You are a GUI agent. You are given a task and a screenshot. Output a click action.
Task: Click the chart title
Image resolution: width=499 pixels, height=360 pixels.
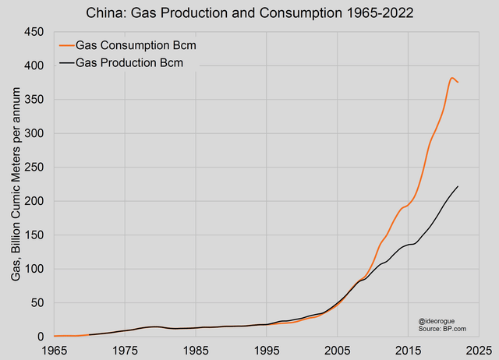[x=249, y=12]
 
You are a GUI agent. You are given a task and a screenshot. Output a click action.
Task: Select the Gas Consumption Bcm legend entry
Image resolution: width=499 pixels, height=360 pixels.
[x=134, y=46]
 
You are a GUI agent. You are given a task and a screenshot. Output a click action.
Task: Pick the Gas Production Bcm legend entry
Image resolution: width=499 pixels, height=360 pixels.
[x=129, y=63]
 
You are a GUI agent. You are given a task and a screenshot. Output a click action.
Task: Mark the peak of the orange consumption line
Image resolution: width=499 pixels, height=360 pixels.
[x=452, y=78]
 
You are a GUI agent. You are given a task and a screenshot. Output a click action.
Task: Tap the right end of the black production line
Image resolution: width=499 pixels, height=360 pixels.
[x=458, y=186]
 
